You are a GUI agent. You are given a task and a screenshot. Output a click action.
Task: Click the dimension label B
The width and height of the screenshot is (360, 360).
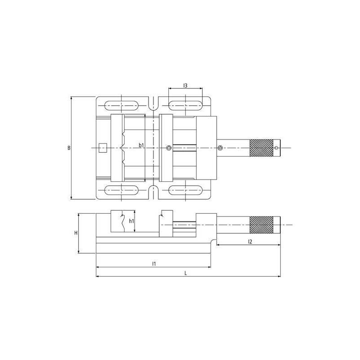tap(69, 148)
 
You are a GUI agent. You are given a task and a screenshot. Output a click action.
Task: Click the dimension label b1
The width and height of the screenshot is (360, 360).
tap(141, 145)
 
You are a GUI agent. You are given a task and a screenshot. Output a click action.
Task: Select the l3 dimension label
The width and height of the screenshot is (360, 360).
tap(185, 85)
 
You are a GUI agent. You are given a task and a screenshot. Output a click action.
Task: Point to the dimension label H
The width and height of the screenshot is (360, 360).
tap(76, 233)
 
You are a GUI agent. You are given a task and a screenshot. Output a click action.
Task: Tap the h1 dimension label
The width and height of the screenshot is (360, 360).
tap(131, 221)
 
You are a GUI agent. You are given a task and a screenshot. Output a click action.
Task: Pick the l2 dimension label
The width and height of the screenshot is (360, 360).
tap(249, 242)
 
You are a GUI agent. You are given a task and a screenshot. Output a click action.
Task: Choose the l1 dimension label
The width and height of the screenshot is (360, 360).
tap(153, 263)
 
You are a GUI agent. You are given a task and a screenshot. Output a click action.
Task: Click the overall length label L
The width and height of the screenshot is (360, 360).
tap(186, 273)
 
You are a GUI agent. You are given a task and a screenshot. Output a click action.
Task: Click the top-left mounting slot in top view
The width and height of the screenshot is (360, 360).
tap(121, 106)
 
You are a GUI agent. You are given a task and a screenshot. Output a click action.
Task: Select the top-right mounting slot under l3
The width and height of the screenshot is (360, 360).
tap(185, 106)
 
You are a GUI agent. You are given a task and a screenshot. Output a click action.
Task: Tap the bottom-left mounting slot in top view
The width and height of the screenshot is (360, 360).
tap(121, 190)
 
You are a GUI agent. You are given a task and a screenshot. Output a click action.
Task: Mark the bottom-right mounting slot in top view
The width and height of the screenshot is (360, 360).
tap(185, 190)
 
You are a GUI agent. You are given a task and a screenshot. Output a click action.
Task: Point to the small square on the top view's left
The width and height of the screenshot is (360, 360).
tap(103, 148)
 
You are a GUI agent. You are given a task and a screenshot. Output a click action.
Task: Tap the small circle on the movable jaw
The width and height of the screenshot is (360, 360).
tap(168, 148)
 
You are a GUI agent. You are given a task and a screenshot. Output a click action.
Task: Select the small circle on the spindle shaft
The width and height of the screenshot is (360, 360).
tap(220, 148)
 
